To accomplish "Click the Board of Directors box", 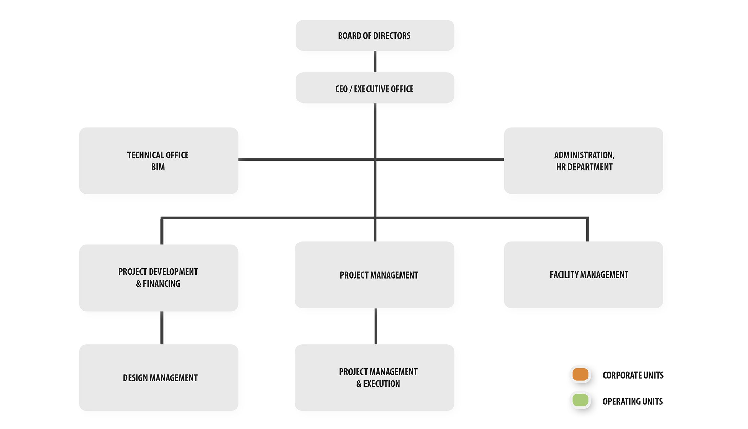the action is click(375, 35).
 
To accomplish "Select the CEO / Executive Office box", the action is click(375, 88).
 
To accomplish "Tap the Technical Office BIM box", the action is click(158, 161).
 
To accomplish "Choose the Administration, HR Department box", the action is click(583, 161).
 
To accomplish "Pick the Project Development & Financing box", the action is click(158, 278).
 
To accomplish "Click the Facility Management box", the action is click(583, 275).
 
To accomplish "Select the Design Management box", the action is click(158, 378).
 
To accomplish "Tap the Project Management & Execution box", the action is click(374, 378).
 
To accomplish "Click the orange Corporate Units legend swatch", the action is click(580, 375).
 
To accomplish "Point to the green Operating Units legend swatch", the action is click(580, 400).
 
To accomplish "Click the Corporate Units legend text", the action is click(633, 375).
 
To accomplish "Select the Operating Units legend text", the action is click(632, 401).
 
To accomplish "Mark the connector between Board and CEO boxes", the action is click(375, 62).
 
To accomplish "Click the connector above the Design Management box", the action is click(162, 328).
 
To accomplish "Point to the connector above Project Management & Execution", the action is click(376, 326).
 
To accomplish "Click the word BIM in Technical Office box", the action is click(158, 167).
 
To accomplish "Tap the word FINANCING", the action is click(161, 284).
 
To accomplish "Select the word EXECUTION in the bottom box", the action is click(381, 384).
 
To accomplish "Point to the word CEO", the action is click(341, 89).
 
